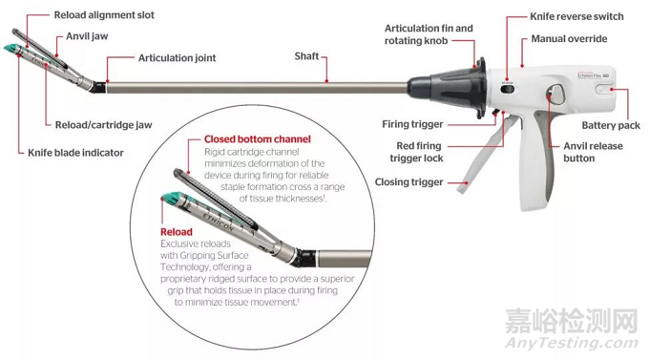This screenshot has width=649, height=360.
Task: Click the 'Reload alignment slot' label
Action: coord(104,15)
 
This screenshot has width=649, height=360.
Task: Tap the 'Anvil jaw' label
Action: coord(87,36)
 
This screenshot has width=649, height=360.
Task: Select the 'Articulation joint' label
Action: coord(177,58)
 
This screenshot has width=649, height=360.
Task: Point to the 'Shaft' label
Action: coord(306,56)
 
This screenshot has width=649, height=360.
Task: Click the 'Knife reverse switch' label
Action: coord(576,16)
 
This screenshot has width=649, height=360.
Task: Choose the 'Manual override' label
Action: coord(569,39)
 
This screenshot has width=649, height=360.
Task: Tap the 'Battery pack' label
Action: coord(611,125)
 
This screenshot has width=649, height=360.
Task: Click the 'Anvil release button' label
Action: coord(593,152)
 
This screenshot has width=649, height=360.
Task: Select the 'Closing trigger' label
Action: coord(408,182)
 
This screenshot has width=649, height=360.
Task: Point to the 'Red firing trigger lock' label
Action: coord(416,152)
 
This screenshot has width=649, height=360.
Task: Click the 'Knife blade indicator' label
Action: coord(75,153)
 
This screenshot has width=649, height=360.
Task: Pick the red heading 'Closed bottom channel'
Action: coord(258,139)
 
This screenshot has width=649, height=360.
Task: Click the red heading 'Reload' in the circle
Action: coord(177,232)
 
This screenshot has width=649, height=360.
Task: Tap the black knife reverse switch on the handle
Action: coord(507,89)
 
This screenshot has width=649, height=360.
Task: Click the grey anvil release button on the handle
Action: coord(555,95)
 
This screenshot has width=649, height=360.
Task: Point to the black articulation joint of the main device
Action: coord(99,87)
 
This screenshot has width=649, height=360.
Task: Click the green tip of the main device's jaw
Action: coord(11,49)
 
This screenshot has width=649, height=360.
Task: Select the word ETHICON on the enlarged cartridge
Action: coord(219,221)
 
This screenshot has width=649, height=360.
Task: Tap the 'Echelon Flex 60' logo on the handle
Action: coord(593,75)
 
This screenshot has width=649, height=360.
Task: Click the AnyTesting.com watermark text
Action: coord(572,343)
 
